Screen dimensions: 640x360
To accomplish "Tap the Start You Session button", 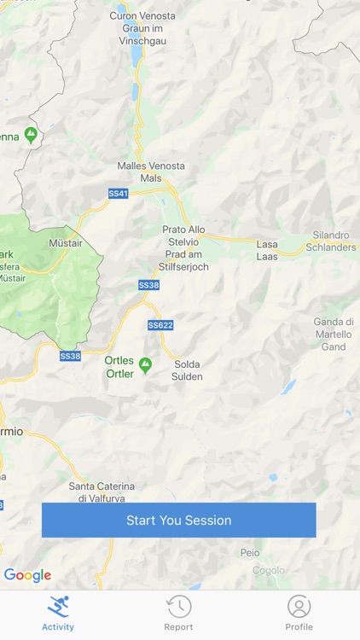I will pos(179,520).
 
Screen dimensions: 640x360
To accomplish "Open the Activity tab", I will pos(58,613).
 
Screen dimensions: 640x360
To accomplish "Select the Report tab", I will pos(178,613).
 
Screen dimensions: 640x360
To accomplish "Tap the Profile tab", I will pos(299,613).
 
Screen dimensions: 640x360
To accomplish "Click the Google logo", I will pos(27,575).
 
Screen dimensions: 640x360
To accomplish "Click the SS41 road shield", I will pos(118,194).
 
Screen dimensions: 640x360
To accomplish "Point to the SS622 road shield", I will pos(160,325).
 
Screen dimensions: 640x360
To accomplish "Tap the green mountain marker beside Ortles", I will pos(145,364).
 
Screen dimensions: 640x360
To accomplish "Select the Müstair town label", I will pos(66,243).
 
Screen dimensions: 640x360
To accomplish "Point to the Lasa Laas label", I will pos(267,250).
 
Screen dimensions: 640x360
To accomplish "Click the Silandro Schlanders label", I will pos(331,241).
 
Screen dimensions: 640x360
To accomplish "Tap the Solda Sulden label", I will pos(187,370).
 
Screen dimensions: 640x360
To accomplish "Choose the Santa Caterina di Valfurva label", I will pos(102,492).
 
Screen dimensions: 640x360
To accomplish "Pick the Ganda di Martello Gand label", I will pos(333,335).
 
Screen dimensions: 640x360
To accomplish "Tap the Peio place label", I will pos(250,553).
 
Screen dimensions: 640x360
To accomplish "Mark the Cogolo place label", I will pos(269,571).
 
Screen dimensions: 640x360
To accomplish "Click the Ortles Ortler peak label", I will pos(119,367).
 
